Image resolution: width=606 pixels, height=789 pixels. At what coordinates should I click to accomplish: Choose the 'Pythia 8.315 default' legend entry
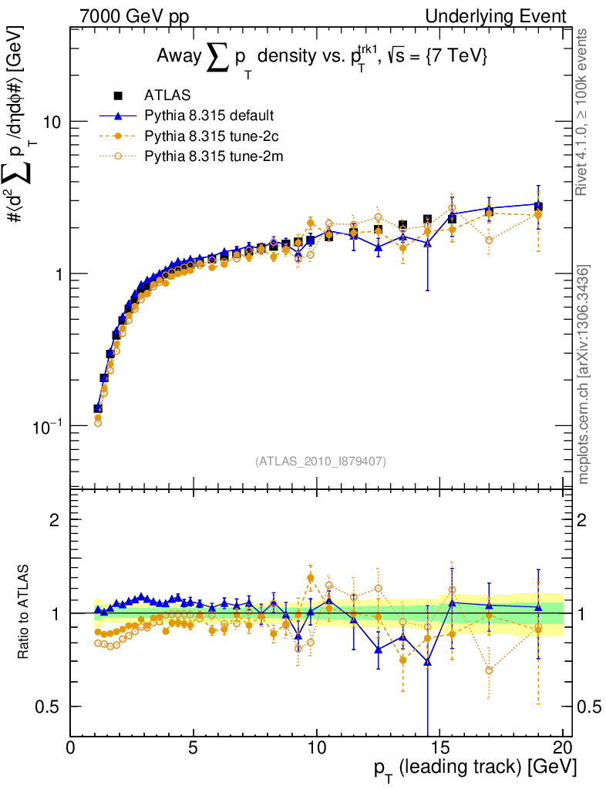click(x=208, y=116)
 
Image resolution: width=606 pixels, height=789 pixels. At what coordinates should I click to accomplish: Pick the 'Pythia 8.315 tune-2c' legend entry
click(x=208, y=136)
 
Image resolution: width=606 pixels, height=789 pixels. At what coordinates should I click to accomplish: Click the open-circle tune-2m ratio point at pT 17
click(x=489, y=670)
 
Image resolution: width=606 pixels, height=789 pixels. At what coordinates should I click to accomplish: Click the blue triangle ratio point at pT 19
click(x=538, y=608)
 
